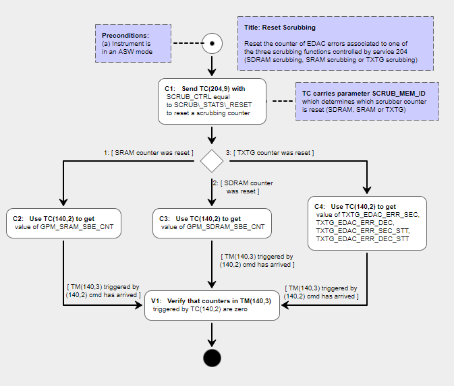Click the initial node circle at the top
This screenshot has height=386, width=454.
tap(212, 44)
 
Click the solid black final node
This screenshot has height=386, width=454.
tap(212, 358)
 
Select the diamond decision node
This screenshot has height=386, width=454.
tap(212, 161)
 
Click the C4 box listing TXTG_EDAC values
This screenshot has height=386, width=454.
tap(368, 224)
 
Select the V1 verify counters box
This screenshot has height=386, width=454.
tap(212, 306)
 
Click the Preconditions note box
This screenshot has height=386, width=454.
tap(132, 44)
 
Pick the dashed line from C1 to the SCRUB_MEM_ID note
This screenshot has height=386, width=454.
tap(281, 102)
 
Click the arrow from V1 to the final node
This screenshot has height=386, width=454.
tap(212, 333)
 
